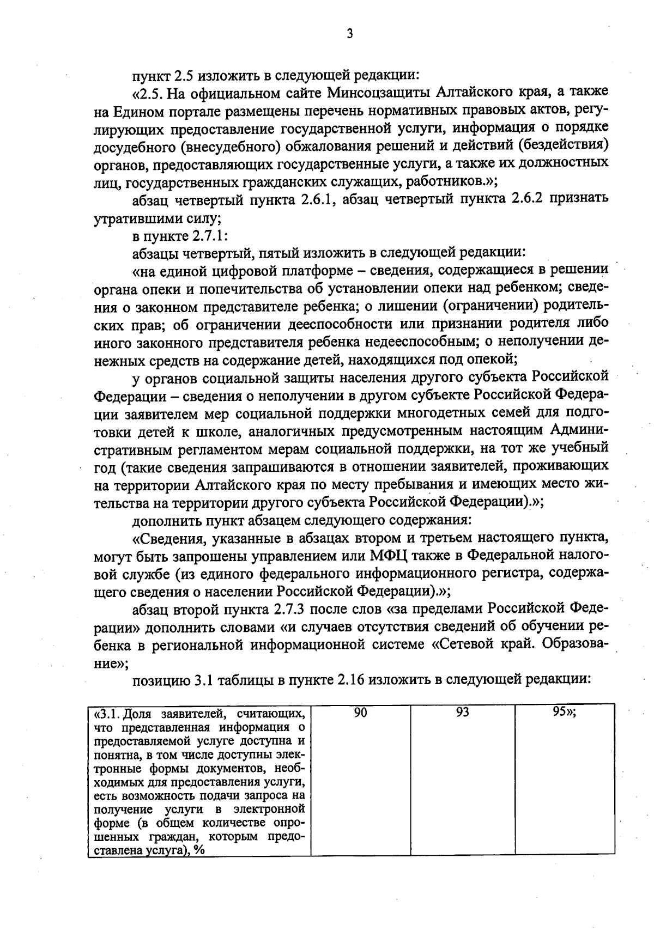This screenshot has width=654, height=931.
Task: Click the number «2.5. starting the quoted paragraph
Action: pos(148,93)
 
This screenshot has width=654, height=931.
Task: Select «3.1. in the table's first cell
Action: pos(106,714)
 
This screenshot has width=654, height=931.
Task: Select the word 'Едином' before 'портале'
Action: pos(138,111)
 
